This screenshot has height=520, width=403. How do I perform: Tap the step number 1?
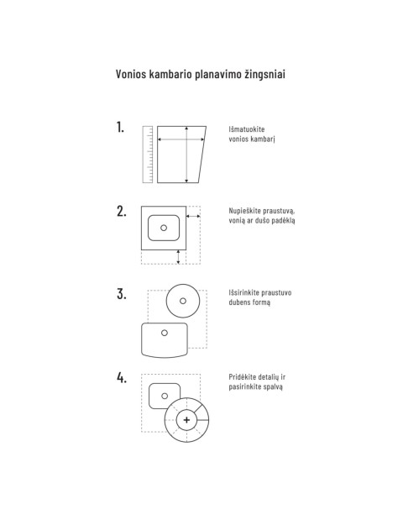120,128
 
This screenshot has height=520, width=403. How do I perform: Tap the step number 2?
121,211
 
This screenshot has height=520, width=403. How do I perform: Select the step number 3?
121,294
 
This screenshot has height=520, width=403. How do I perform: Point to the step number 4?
122,377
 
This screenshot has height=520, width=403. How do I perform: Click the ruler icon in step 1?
148,155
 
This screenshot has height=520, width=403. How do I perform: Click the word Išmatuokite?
247,129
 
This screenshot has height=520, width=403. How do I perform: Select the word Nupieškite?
243,211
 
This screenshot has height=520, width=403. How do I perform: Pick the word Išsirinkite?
244,292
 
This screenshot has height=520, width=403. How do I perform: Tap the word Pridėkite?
243,376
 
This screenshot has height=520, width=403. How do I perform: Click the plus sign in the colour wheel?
186,420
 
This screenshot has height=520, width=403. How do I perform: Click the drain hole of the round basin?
183,301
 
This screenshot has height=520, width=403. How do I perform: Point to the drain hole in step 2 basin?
164,228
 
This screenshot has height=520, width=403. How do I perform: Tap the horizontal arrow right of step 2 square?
193,216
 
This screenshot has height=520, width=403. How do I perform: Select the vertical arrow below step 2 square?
178,257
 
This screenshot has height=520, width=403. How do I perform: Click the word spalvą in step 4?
273,386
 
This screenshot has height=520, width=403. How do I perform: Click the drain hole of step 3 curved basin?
165,333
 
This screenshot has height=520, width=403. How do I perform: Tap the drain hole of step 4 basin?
165,396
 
